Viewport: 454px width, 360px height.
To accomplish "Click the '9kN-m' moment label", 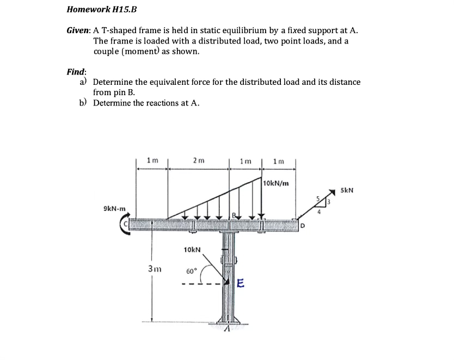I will [x=114, y=208].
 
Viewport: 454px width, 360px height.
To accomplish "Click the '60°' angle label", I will [x=191, y=271].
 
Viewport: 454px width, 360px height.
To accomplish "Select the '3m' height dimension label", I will [x=155, y=268].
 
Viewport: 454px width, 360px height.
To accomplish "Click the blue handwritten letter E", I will [x=241, y=283].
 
